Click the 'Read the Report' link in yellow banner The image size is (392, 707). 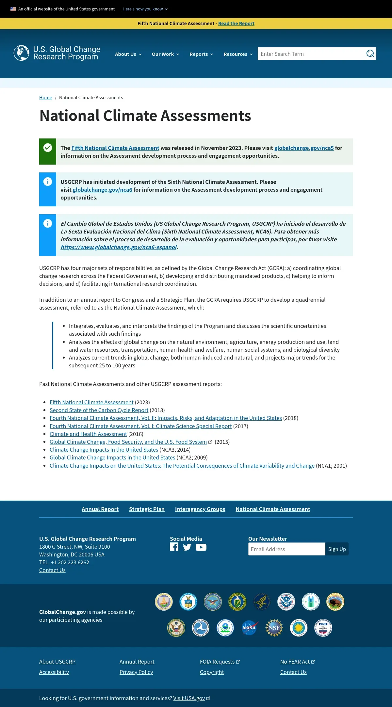pos(236,24)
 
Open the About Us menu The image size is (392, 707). pos(128,54)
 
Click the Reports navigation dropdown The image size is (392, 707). pos(201,54)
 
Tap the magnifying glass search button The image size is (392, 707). pos(370,54)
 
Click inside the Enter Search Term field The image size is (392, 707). pos(310,54)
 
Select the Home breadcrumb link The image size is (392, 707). pos(45,98)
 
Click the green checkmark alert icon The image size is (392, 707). pos(48,148)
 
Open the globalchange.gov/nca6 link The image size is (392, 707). pos(102,190)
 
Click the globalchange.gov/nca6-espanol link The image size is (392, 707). pos(119,247)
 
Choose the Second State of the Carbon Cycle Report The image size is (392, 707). pos(99,410)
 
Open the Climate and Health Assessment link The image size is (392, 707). pos(88,434)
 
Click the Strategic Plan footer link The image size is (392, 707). pos(147,509)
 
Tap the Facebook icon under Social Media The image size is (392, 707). pos(174,547)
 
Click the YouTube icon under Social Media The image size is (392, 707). pos(201,547)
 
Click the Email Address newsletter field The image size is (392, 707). pos(286,549)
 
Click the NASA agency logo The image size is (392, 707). pos(249,628)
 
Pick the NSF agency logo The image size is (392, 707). pos(274,628)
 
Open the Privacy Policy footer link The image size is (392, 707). pos(136,672)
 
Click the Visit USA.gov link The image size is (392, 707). pos(189,698)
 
